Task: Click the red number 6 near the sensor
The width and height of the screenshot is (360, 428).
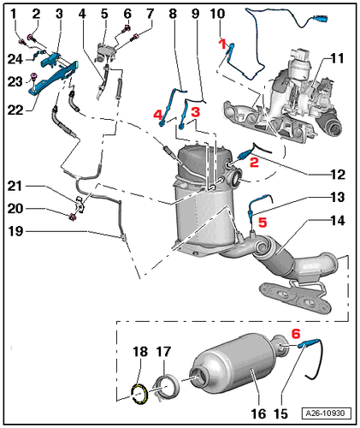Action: (296, 333)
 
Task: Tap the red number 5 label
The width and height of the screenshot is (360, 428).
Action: (263, 223)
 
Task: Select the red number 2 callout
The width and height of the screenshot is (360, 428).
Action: (254, 162)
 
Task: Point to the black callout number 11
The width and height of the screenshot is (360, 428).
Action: (337, 58)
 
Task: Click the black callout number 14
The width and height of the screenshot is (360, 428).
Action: (338, 221)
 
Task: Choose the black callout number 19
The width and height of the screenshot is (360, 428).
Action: (15, 231)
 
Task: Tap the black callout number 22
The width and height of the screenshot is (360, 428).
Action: (15, 110)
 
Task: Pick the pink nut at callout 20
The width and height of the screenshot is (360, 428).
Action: (73, 217)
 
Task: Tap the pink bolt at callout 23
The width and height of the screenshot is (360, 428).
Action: (33, 76)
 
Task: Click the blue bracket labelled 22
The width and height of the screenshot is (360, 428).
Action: (53, 77)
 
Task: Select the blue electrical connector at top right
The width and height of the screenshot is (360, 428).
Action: (321, 20)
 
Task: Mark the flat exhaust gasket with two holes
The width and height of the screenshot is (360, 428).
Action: (295, 298)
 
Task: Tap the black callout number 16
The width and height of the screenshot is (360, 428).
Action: (258, 413)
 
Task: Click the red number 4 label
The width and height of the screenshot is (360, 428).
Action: (158, 115)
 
